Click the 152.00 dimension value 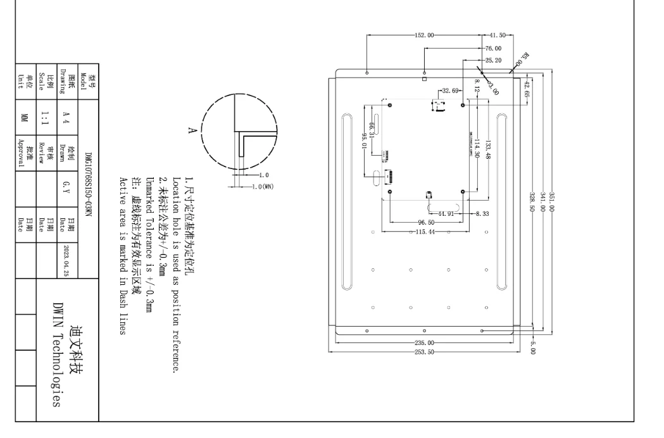[x=424, y=35]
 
